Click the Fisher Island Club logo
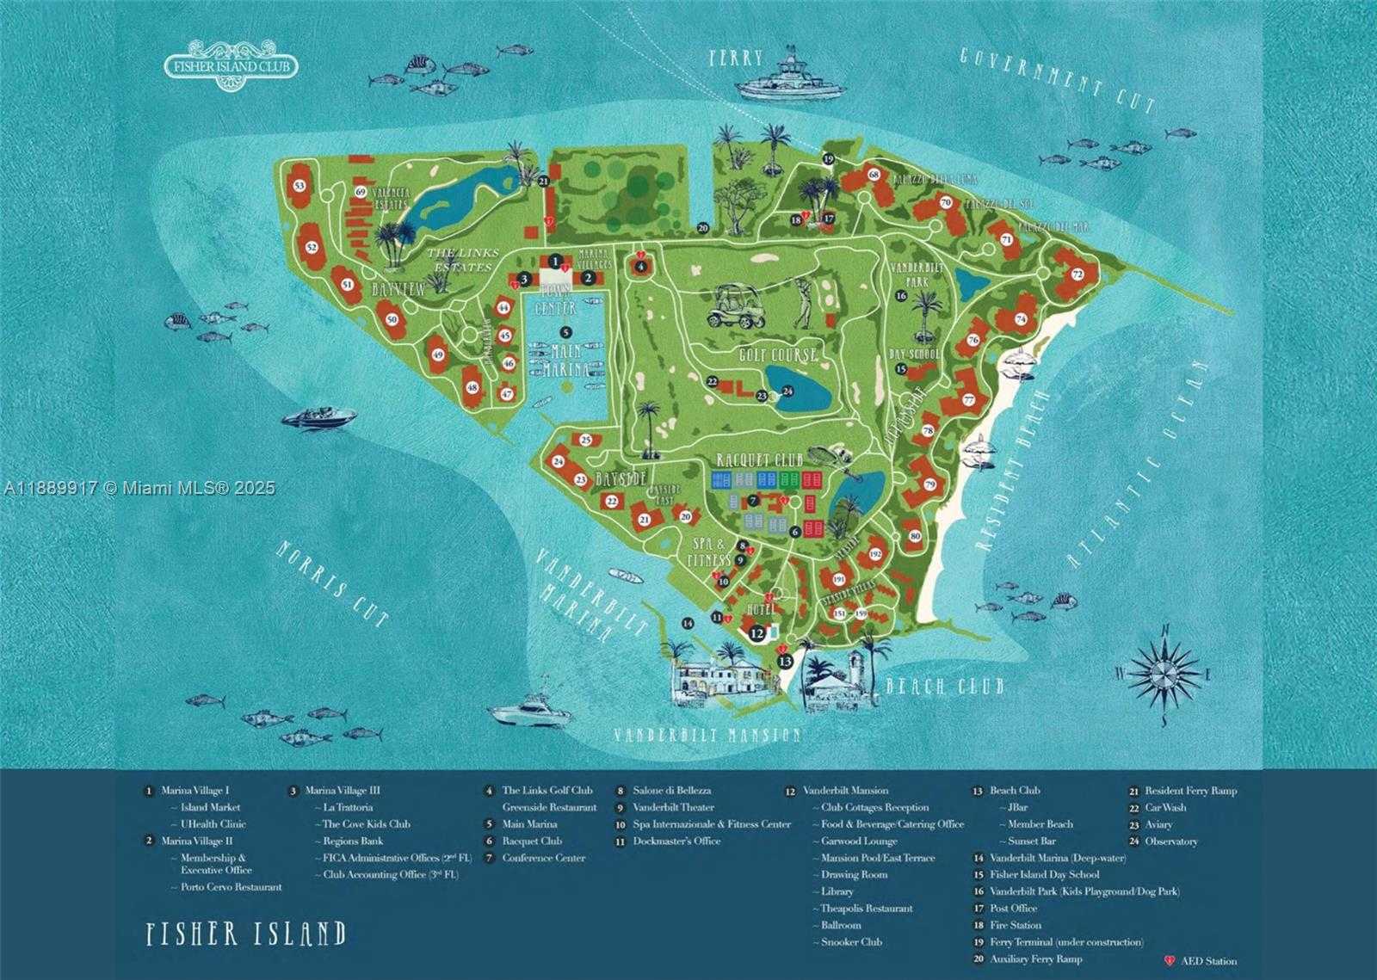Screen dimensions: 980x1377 pyautogui.click(x=231, y=65)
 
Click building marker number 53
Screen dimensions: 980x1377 pyautogui.click(x=299, y=186)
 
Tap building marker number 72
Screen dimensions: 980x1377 pyautogui.click(x=1077, y=274)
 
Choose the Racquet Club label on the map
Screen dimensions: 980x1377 pyautogui.click(x=759, y=460)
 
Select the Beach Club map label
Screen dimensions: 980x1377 pyautogui.click(x=944, y=687)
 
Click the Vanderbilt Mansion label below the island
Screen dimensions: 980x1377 pyautogui.click(x=707, y=735)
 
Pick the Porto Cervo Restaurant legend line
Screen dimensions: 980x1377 pyautogui.click(x=231, y=887)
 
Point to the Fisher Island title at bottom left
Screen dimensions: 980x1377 pyautogui.click(x=246, y=934)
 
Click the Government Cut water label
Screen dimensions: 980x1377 pyautogui.click(x=1057, y=81)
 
